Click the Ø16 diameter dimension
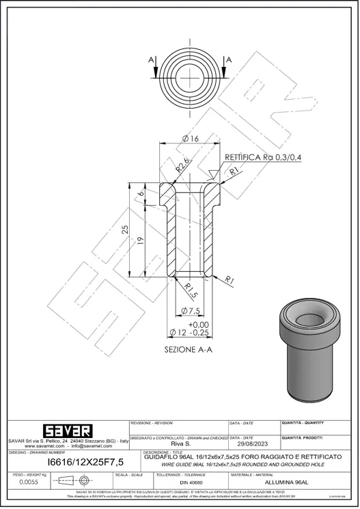click(x=191, y=139)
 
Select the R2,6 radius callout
click(x=182, y=165)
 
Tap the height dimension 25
click(x=126, y=230)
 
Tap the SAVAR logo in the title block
click(x=67, y=432)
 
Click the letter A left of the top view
click(x=150, y=60)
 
